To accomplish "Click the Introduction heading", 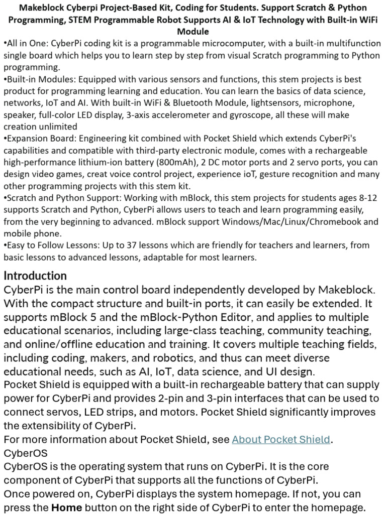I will coord(35,276).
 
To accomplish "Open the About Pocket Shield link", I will coord(280,439).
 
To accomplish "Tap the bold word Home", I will coord(67,507).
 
